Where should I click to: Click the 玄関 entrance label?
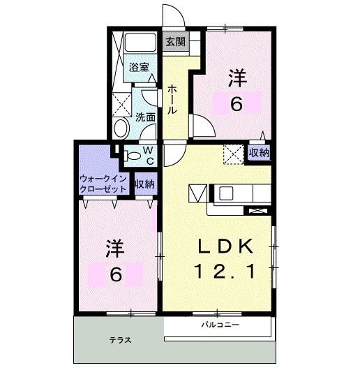point(174,41)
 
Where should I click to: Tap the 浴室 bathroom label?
point(138,68)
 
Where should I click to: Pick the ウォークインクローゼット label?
point(104,184)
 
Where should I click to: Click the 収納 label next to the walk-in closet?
point(144,184)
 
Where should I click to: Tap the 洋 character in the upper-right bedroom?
point(237,78)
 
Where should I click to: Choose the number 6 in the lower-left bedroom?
point(115,274)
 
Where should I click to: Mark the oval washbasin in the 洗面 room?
point(121,128)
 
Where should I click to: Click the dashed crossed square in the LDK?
point(232,152)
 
